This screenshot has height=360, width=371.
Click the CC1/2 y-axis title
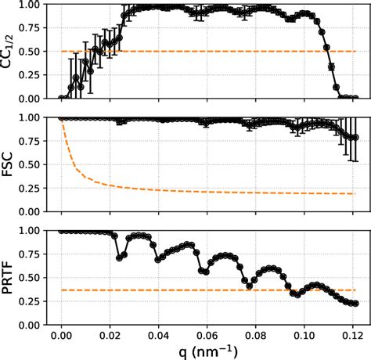tap(10, 51)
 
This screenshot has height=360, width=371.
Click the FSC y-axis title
tap(10, 164)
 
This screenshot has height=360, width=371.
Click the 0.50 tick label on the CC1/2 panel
tap(34, 52)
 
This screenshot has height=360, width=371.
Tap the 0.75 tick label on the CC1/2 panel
tap(34, 28)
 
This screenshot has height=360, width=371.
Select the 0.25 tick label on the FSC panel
tap(34, 188)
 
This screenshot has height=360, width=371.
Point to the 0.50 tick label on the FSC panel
tap(34, 164)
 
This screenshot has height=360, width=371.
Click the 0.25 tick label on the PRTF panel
tap(34, 301)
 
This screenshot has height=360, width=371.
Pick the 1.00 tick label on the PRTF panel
tap(34, 231)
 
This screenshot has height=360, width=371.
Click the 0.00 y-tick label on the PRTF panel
tap(34, 325)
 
